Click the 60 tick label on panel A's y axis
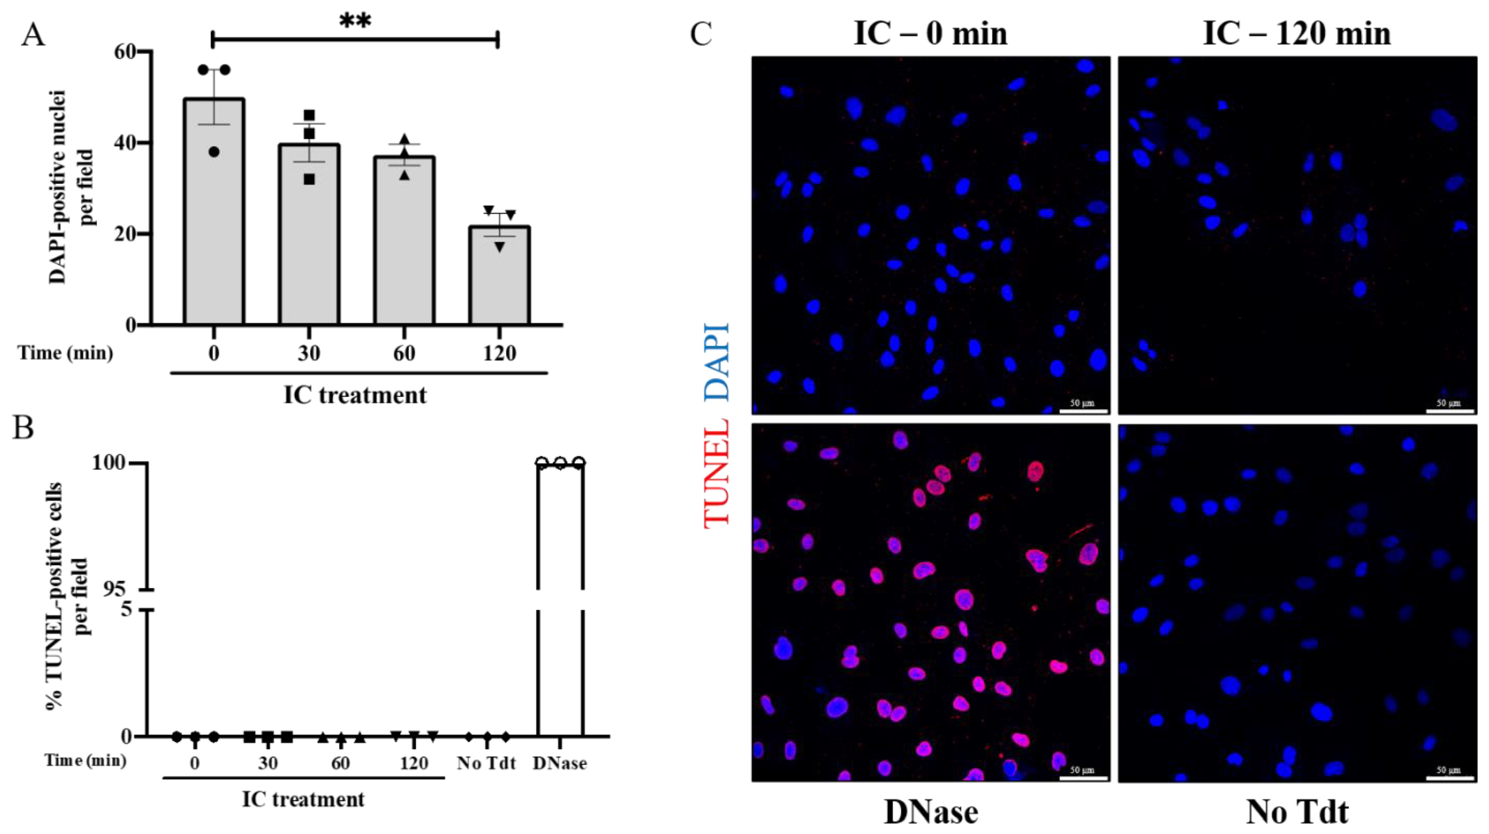click(125, 52)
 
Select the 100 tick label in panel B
click(108, 463)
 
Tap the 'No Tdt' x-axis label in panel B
click(486, 763)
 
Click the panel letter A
click(33, 35)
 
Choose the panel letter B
click(23, 428)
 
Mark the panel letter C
click(701, 35)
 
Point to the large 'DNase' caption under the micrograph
click(931, 812)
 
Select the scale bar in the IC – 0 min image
click(1084, 411)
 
